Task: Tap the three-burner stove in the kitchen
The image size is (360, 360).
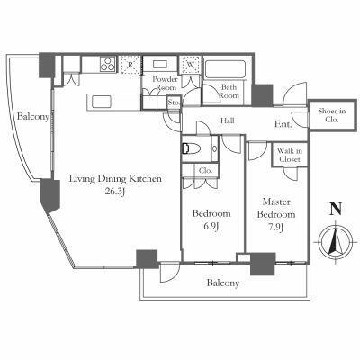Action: (108, 64)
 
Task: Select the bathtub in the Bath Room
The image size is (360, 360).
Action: (225, 69)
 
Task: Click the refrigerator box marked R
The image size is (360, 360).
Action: (130, 65)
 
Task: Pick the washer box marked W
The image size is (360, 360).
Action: (190, 65)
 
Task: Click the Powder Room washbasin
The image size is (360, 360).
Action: (160, 64)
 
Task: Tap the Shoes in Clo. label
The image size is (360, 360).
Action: (332, 115)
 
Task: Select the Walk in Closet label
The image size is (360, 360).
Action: (289, 155)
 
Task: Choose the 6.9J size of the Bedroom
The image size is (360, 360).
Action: (211, 226)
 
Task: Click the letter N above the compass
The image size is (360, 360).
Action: (336, 209)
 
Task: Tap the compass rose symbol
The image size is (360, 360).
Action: (336, 240)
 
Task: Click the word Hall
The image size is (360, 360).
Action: (228, 121)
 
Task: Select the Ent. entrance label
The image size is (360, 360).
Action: (283, 124)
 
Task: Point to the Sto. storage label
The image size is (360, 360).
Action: (174, 103)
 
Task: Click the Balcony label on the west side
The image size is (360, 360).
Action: (32, 116)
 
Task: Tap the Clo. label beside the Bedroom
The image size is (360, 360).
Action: (206, 171)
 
